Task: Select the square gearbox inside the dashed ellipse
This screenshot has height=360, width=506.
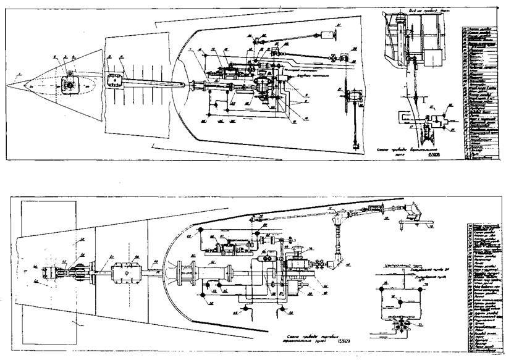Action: pos(71,84)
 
